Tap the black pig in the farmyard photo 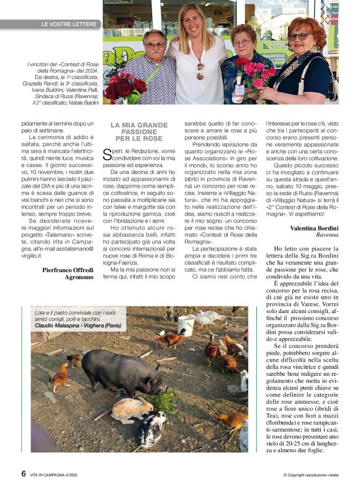point(120,371)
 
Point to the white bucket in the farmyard point(186,325)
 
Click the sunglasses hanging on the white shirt point(200,70)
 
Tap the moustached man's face point(155,45)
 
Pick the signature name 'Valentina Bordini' point(314,228)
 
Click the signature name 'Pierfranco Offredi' point(68,270)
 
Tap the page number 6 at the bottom point(24,473)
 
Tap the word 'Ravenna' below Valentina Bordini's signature point(327,235)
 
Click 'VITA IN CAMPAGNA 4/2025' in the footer point(61,475)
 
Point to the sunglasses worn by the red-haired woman point(299,37)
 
